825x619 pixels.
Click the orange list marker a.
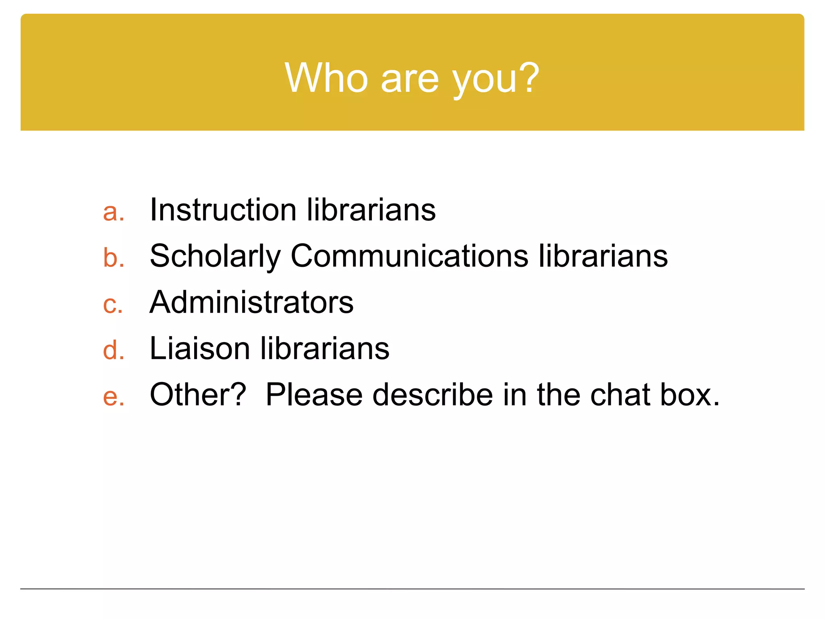pos(113,212)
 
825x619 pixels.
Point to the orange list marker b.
pos(113,258)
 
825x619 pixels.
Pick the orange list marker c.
pos(112,304)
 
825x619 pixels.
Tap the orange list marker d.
pos(113,349)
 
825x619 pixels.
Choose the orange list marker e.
pos(113,396)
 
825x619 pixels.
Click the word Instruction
pos(223,210)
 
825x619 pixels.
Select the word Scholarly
pos(215,257)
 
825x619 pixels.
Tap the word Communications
pos(409,256)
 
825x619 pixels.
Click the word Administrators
pos(251,302)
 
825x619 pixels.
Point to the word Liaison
pos(200,348)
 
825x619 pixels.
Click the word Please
pos(314,395)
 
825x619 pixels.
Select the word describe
pos(433,395)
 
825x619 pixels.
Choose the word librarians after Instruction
pos(371,210)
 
